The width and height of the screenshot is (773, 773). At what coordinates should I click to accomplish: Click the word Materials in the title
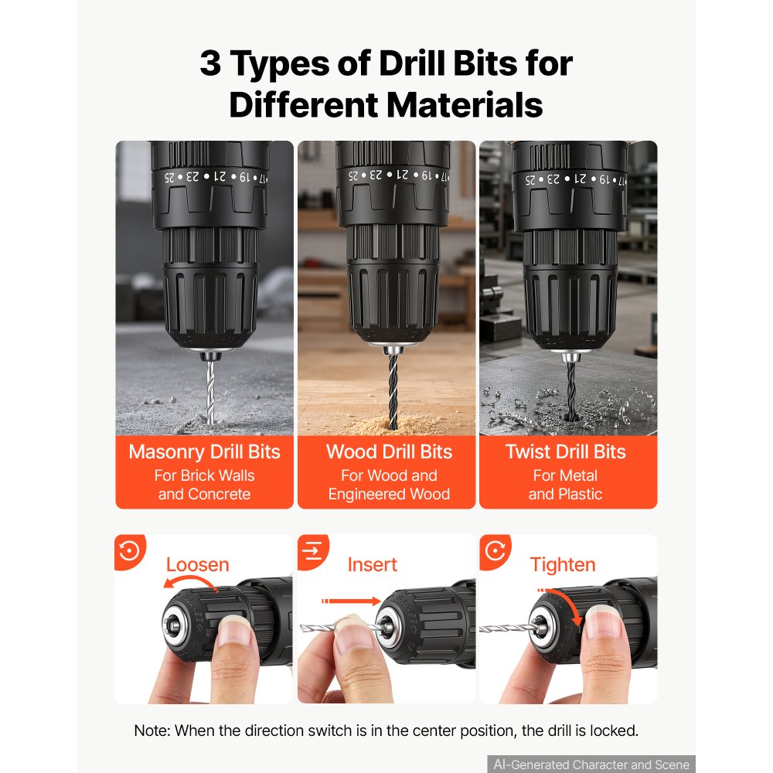pos(465,105)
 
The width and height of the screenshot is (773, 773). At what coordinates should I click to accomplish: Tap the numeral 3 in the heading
pos(210,63)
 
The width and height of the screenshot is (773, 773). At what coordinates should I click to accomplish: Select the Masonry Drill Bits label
pos(205,451)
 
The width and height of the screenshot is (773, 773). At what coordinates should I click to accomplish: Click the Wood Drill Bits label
pos(389,451)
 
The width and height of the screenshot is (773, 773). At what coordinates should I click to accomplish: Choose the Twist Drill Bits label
pos(566,451)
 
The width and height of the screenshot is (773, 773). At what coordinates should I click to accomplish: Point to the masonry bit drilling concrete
pos(210,392)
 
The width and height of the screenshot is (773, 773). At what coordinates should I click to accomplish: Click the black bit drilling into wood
pos(393,392)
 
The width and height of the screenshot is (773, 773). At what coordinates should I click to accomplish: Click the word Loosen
pos(198,564)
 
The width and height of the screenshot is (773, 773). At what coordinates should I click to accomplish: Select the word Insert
pos(373,564)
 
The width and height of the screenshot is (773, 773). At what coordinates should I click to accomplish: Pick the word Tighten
pos(563,565)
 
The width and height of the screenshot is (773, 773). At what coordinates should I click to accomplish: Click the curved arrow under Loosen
pos(189,581)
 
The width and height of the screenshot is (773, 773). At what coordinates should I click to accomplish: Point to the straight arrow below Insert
pos(351,601)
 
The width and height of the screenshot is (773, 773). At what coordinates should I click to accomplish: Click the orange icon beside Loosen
pos(130,551)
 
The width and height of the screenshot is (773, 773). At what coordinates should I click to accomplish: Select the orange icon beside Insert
pos(312,551)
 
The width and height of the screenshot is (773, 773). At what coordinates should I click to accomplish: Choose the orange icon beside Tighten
pos(495,551)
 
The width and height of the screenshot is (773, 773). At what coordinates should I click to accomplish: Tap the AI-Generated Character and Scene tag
pos(591,764)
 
